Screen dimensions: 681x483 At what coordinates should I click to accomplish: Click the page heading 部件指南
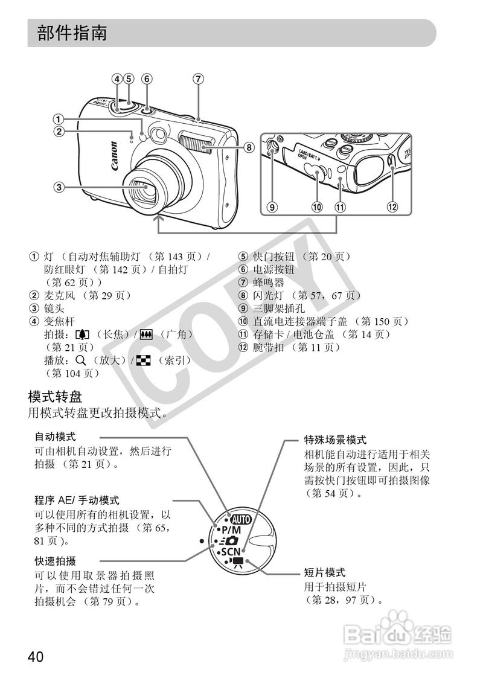(x=72, y=33)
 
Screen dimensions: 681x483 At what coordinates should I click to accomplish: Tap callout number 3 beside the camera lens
(x=58, y=187)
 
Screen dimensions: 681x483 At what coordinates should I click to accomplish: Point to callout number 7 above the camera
(x=199, y=78)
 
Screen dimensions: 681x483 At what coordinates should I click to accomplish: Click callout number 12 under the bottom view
(x=393, y=207)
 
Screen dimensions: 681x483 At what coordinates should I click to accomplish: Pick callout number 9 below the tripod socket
(x=272, y=207)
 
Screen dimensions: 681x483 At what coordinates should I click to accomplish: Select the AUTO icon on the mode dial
(x=240, y=519)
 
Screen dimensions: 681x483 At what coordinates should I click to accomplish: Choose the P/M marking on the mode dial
(x=227, y=529)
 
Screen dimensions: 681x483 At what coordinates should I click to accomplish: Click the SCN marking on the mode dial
(x=229, y=551)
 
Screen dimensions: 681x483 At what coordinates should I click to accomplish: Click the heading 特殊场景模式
(x=336, y=440)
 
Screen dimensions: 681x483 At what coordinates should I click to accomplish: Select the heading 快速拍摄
(x=56, y=561)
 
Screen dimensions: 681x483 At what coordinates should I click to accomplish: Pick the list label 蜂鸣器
(x=268, y=283)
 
